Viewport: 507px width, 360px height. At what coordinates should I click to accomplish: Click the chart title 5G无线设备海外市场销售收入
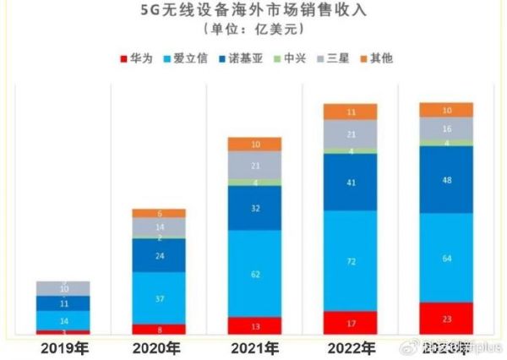[253, 12]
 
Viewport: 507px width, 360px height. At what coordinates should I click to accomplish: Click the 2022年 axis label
[351, 347]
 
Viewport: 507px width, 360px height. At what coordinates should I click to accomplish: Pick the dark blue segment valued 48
[446, 179]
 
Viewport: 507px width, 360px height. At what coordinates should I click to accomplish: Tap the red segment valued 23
[446, 319]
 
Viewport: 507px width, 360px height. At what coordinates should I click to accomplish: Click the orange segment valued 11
[351, 112]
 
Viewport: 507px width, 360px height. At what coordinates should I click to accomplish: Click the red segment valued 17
[351, 322]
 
